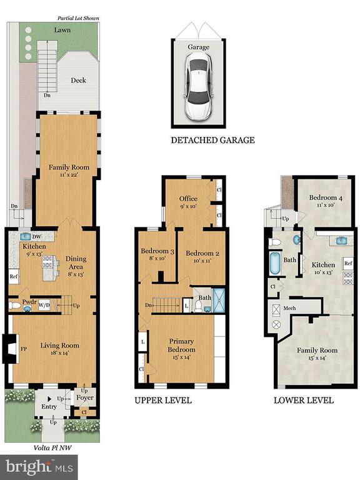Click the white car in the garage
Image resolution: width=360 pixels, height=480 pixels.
click(x=198, y=87)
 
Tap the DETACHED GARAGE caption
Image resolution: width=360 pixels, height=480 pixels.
click(x=212, y=140)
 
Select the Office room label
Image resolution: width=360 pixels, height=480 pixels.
click(x=188, y=199)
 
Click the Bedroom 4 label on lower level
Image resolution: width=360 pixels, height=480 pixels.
click(x=326, y=197)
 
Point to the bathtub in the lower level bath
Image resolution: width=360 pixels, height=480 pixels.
click(x=275, y=263)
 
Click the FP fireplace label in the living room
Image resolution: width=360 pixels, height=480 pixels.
click(x=24, y=349)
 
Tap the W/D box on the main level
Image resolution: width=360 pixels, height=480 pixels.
click(x=44, y=305)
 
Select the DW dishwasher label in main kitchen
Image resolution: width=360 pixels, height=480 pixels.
click(x=36, y=237)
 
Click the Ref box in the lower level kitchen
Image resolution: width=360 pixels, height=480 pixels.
click(x=348, y=263)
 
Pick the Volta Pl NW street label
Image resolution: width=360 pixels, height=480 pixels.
click(x=52, y=448)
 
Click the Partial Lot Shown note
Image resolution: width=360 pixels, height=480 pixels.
click(x=78, y=18)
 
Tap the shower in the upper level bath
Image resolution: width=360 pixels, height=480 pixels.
click(x=219, y=300)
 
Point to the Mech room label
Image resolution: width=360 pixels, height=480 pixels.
click(x=289, y=308)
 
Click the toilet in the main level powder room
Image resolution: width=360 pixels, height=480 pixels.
click(x=15, y=305)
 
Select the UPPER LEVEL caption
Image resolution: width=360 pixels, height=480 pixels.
click(x=163, y=401)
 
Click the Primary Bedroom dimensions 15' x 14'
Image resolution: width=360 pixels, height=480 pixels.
click(x=181, y=357)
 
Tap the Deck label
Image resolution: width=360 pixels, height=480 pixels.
click(x=78, y=80)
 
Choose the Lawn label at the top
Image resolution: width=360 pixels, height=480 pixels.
click(x=62, y=30)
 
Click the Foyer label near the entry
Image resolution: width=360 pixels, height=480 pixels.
click(x=85, y=397)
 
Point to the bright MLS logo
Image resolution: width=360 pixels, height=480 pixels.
click(x=39, y=467)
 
